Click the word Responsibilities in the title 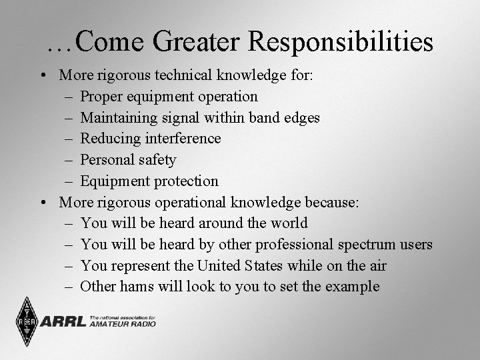(341, 43)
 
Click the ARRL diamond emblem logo (26, 322)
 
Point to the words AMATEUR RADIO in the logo (122, 324)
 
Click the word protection (187, 181)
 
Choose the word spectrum (362, 245)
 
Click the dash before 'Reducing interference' (69, 139)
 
